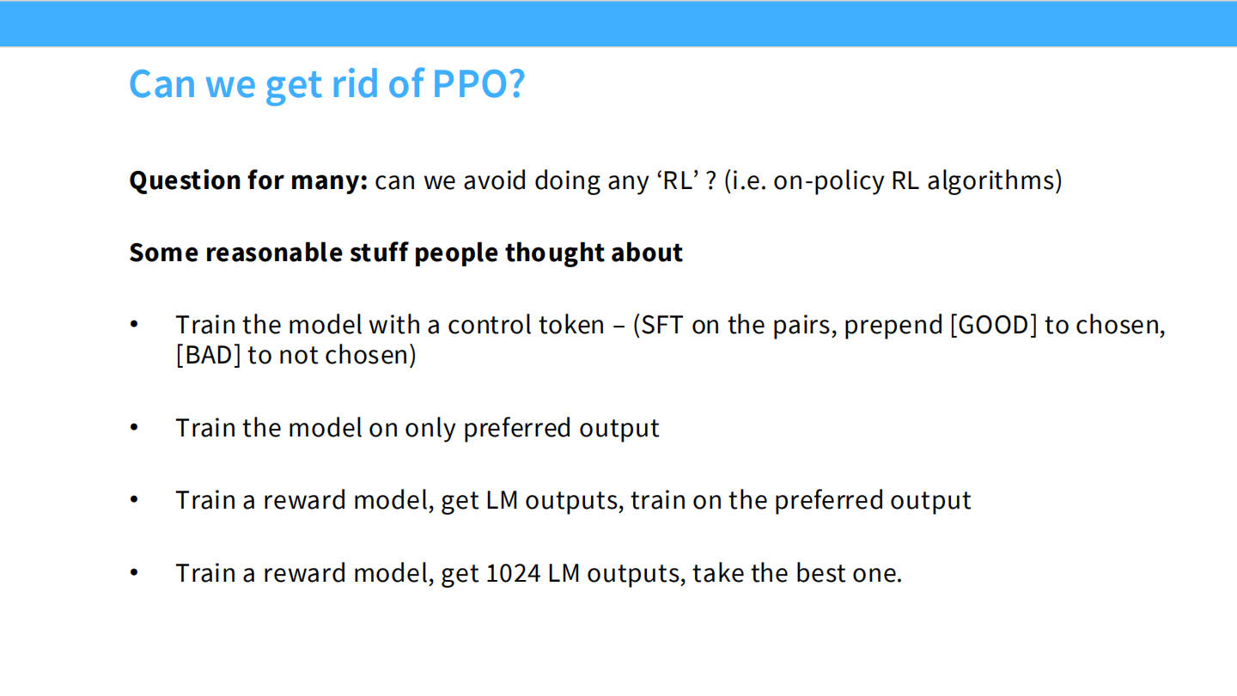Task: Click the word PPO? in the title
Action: (x=478, y=83)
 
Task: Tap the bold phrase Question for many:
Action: (x=248, y=181)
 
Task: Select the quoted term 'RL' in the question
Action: (x=676, y=181)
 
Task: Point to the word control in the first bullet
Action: (x=489, y=326)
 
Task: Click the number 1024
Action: (x=513, y=573)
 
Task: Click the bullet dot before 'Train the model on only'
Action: (x=134, y=427)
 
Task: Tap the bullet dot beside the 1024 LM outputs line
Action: (x=134, y=572)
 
